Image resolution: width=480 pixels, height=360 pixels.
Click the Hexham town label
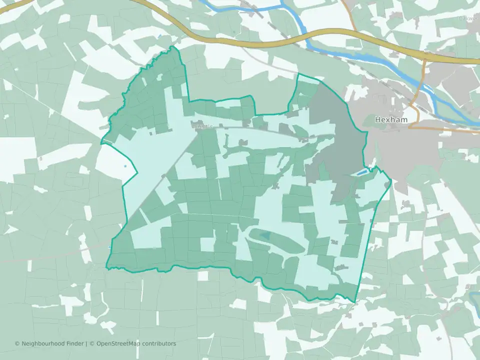coord(391,120)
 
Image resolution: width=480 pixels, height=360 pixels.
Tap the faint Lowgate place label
coord(202,126)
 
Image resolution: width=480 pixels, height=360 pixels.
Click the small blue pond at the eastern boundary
coord(360,173)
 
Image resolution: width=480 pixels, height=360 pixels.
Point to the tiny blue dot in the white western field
coord(124,166)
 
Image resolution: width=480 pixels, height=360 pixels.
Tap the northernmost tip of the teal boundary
coord(173,46)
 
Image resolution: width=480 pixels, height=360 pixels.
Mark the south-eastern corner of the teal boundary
coord(355,302)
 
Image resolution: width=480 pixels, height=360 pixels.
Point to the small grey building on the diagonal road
coord(164,175)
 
